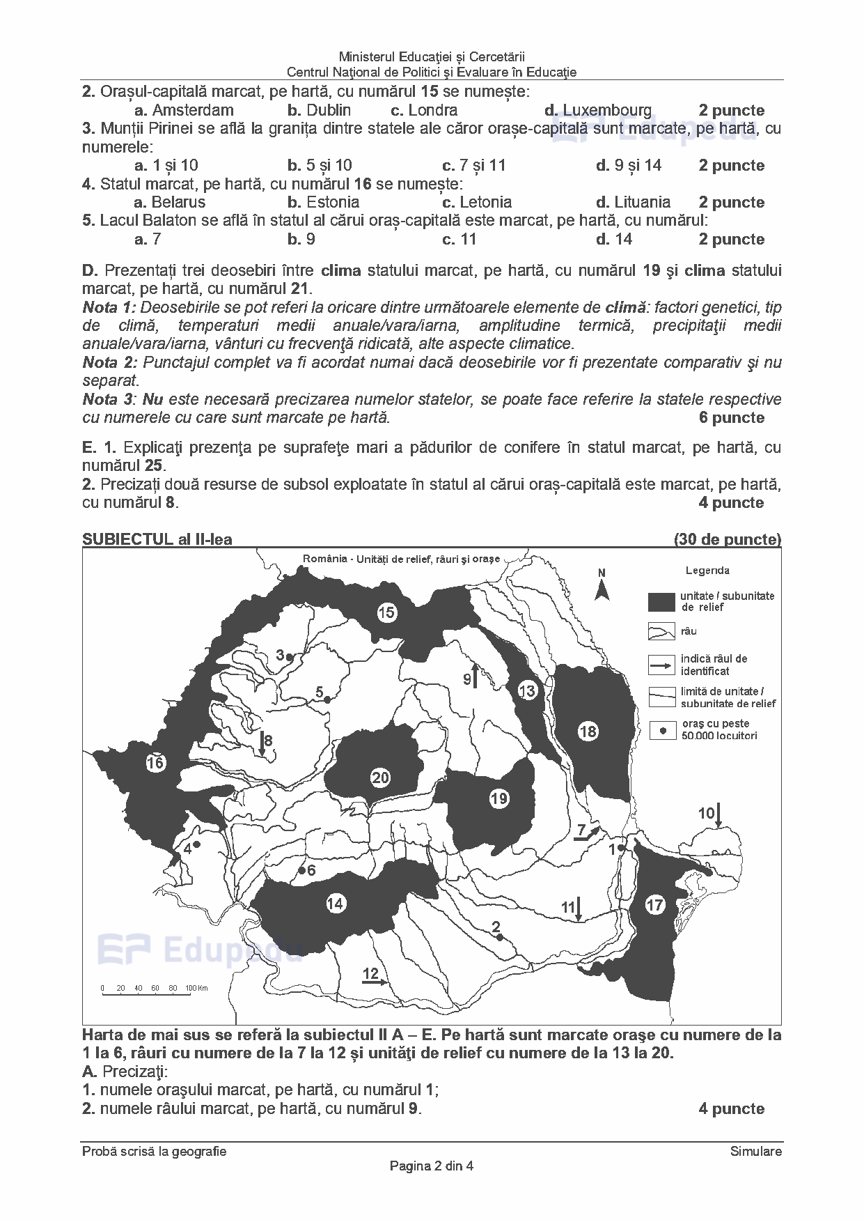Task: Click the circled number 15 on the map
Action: (x=386, y=612)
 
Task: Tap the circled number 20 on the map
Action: (x=380, y=778)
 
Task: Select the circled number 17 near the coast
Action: (x=654, y=905)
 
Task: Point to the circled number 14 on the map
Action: (x=336, y=904)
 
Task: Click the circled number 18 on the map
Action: (x=588, y=731)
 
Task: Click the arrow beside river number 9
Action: (x=475, y=676)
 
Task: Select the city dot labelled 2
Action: (x=499, y=938)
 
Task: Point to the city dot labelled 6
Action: (x=301, y=870)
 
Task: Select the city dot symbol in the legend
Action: (x=663, y=730)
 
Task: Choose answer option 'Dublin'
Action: (x=328, y=110)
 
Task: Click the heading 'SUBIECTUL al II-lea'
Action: (x=157, y=539)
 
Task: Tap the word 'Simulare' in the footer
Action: (x=756, y=1151)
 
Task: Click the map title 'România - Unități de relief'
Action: (x=402, y=559)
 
